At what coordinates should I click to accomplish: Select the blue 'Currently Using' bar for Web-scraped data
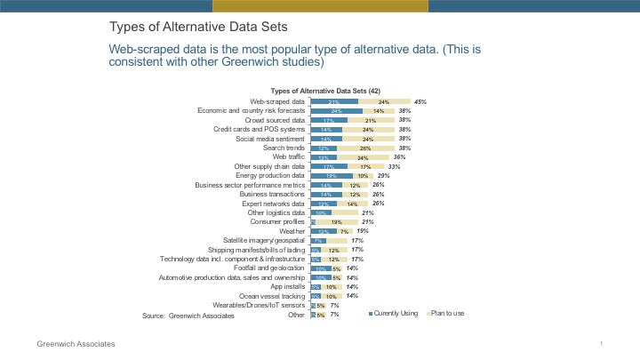(x=334, y=102)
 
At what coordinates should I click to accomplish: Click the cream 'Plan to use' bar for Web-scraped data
(x=384, y=102)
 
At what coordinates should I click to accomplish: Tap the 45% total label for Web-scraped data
(x=421, y=102)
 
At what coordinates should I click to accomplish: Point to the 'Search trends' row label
(x=282, y=148)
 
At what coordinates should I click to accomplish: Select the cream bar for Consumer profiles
(x=336, y=222)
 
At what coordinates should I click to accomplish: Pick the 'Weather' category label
(x=292, y=231)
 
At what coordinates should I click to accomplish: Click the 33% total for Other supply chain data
(x=395, y=166)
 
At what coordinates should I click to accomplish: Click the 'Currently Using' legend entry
(x=395, y=314)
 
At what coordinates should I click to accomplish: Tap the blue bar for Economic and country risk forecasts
(x=336, y=111)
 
